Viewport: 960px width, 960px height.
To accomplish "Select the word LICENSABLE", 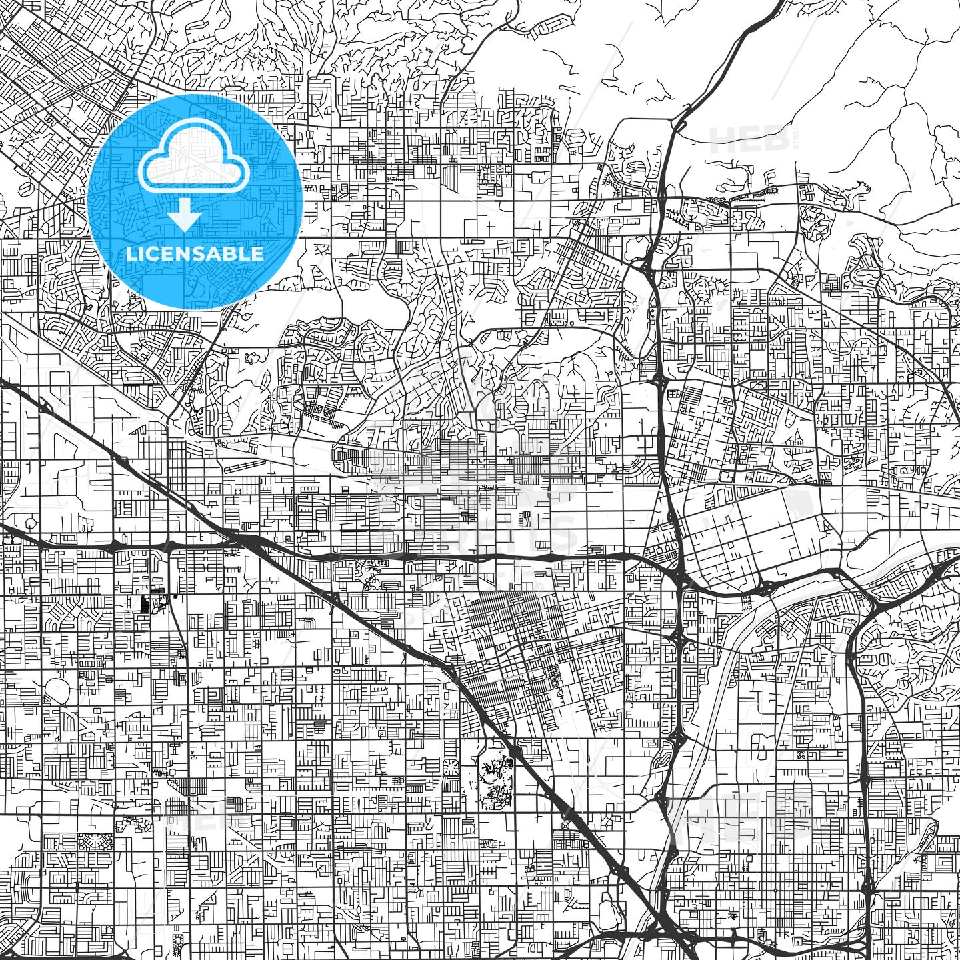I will [x=195, y=254].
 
